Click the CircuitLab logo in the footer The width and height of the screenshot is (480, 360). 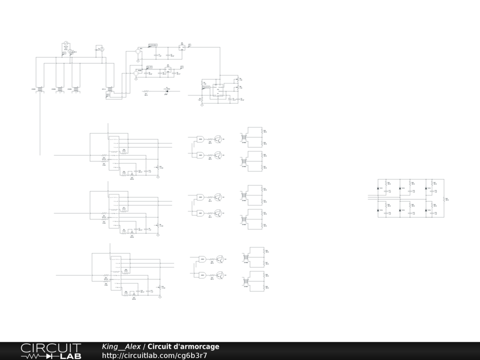pos(51,351)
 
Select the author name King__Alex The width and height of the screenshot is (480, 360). pos(121,347)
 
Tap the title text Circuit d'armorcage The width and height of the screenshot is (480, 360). pos(183,347)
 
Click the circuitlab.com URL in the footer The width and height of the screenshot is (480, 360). pos(155,356)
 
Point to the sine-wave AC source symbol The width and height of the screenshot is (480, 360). pos(66,44)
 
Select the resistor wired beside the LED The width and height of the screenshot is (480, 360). pos(146,91)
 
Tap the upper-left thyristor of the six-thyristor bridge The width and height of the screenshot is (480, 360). pos(379,188)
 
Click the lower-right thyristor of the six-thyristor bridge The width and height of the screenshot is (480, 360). pos(426,210)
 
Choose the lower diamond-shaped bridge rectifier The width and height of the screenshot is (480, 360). pos(136,73)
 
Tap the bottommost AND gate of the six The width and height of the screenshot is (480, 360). pos(202,275)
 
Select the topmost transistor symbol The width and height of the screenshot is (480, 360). pos(218,139)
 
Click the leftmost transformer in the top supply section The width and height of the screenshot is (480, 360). pos(40,89)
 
